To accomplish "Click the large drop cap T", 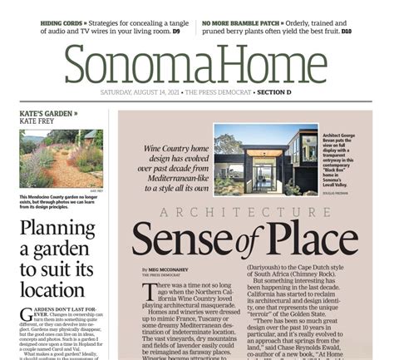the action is [x=150, y=295].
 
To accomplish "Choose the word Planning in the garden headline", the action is [x=54, y=229].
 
